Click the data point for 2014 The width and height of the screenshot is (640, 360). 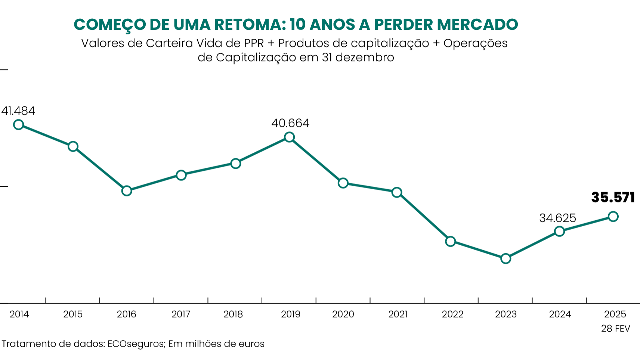click(18, 125)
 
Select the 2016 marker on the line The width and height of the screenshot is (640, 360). click(127, 191)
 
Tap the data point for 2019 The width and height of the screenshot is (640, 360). click(289, 137)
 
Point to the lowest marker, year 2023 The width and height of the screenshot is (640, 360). click(505, 258)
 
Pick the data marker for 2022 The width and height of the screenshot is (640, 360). click(451, 241)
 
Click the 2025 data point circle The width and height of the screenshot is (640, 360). click(613, 217)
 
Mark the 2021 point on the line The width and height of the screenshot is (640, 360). click(397, 192)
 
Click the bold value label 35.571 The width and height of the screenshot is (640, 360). click(613, 197)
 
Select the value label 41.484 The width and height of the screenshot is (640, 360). click(18, 111)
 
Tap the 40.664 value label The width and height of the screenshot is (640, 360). click(290, 123)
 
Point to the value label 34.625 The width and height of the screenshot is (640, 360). click(557, 218)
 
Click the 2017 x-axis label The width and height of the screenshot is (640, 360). click(181, 314)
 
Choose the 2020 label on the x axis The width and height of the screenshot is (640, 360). click(343, 314)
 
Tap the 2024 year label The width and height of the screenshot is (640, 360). click(560, 314)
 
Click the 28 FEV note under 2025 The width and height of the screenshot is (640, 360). click(615, 329)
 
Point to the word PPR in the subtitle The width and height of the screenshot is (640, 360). click(254, 43)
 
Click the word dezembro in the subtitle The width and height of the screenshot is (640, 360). click(365, 58)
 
